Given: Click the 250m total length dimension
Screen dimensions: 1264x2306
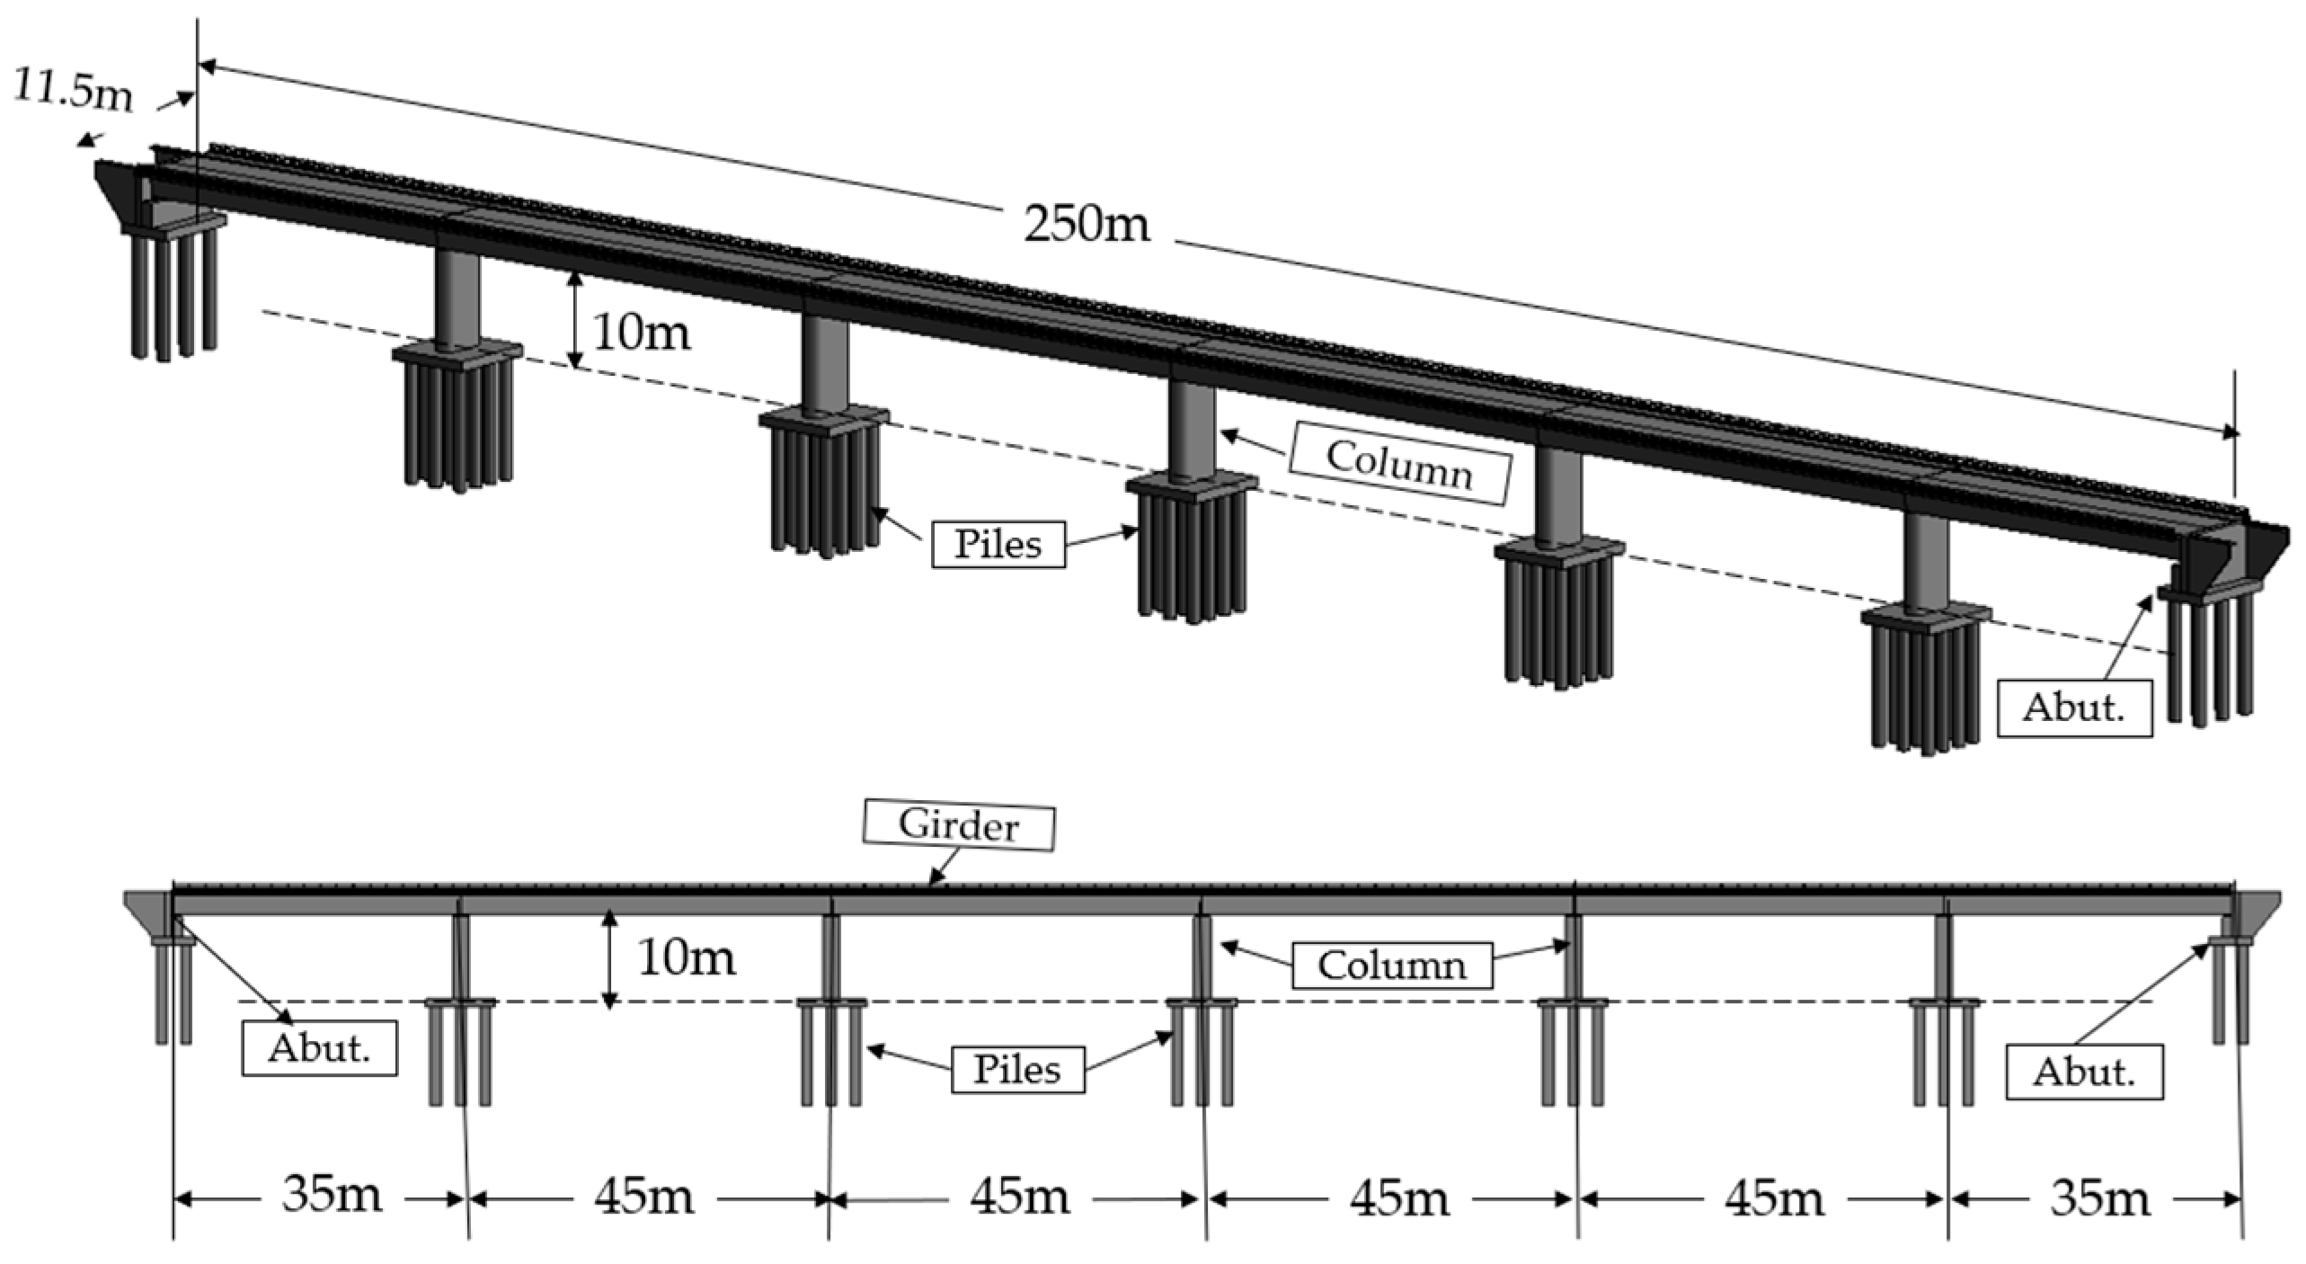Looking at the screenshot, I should pyautogui.click(x=1086, y=223).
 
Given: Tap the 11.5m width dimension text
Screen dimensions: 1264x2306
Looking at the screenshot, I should pyautogui.click(x=74, y=90).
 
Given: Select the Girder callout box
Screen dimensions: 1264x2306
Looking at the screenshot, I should pyautogui.click(x=958, y=826).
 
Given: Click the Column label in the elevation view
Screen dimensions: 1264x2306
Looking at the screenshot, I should pyautogui.click(x=1391, y=966).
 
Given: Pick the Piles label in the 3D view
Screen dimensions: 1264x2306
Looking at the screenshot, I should pyautogui.click(x=998, y=544).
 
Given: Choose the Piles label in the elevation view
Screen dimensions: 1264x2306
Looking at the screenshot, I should pyautogui.click(x=1017, y=1069).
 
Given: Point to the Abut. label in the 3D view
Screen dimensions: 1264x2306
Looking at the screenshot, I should pyautogui.click(x=2074, y=708).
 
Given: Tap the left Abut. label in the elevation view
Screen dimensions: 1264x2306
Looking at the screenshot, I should pyautogui.click(x=319, y=1049).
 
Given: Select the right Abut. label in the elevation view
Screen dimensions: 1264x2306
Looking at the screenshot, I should pyautogui.click(x=2084, y=1072).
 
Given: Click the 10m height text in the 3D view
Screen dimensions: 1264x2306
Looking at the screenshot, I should pyautogui.click(x=642, y=333).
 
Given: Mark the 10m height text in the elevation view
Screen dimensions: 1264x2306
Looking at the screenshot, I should pyautogui.click(x=686, y=957).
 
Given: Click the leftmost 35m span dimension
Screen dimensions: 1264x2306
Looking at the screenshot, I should pyautogui.click(x=332, y=1197).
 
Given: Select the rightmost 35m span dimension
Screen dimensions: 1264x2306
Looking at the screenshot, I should pyautogui.click(x=2100, y=1198).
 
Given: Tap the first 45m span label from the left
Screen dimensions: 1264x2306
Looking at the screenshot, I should pyautogui.click(x=643, y=1197).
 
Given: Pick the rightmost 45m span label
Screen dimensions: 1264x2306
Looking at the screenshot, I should pyautogui.click(x=1775, y=1198).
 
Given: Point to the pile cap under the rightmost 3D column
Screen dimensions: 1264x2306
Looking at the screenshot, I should pyautogui.click(x=1925, y=618).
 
